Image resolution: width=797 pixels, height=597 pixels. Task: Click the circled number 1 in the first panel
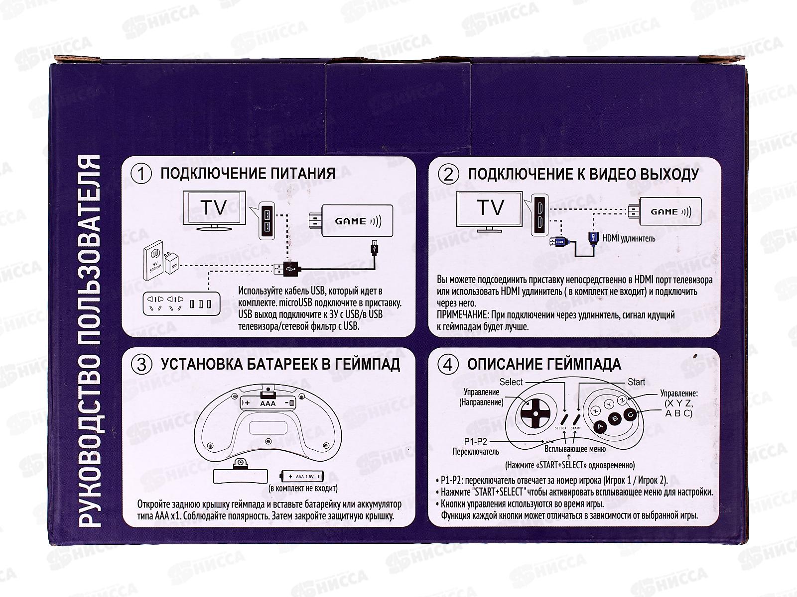click(141, 174)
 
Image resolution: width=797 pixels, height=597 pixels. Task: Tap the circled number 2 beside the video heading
click(448, 175)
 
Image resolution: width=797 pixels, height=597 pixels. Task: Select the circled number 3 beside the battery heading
click(141, 364)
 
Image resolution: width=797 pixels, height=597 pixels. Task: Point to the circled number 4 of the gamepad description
click(448, 364)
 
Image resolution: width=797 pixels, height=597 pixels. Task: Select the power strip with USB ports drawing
click(181, 303)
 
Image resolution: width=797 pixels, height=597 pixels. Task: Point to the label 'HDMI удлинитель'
click(629, 238)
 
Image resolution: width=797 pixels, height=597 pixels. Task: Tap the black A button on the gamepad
click(601, 426)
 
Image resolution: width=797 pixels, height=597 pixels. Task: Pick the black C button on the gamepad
click(630, 414)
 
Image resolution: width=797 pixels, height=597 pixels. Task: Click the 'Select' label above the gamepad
click(511, 382)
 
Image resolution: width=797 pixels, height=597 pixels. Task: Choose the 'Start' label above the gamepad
click(637, 382)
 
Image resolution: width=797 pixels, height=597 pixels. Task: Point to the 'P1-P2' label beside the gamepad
click(476, 441)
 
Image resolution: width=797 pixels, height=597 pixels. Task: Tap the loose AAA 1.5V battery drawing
click(301, 477)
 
